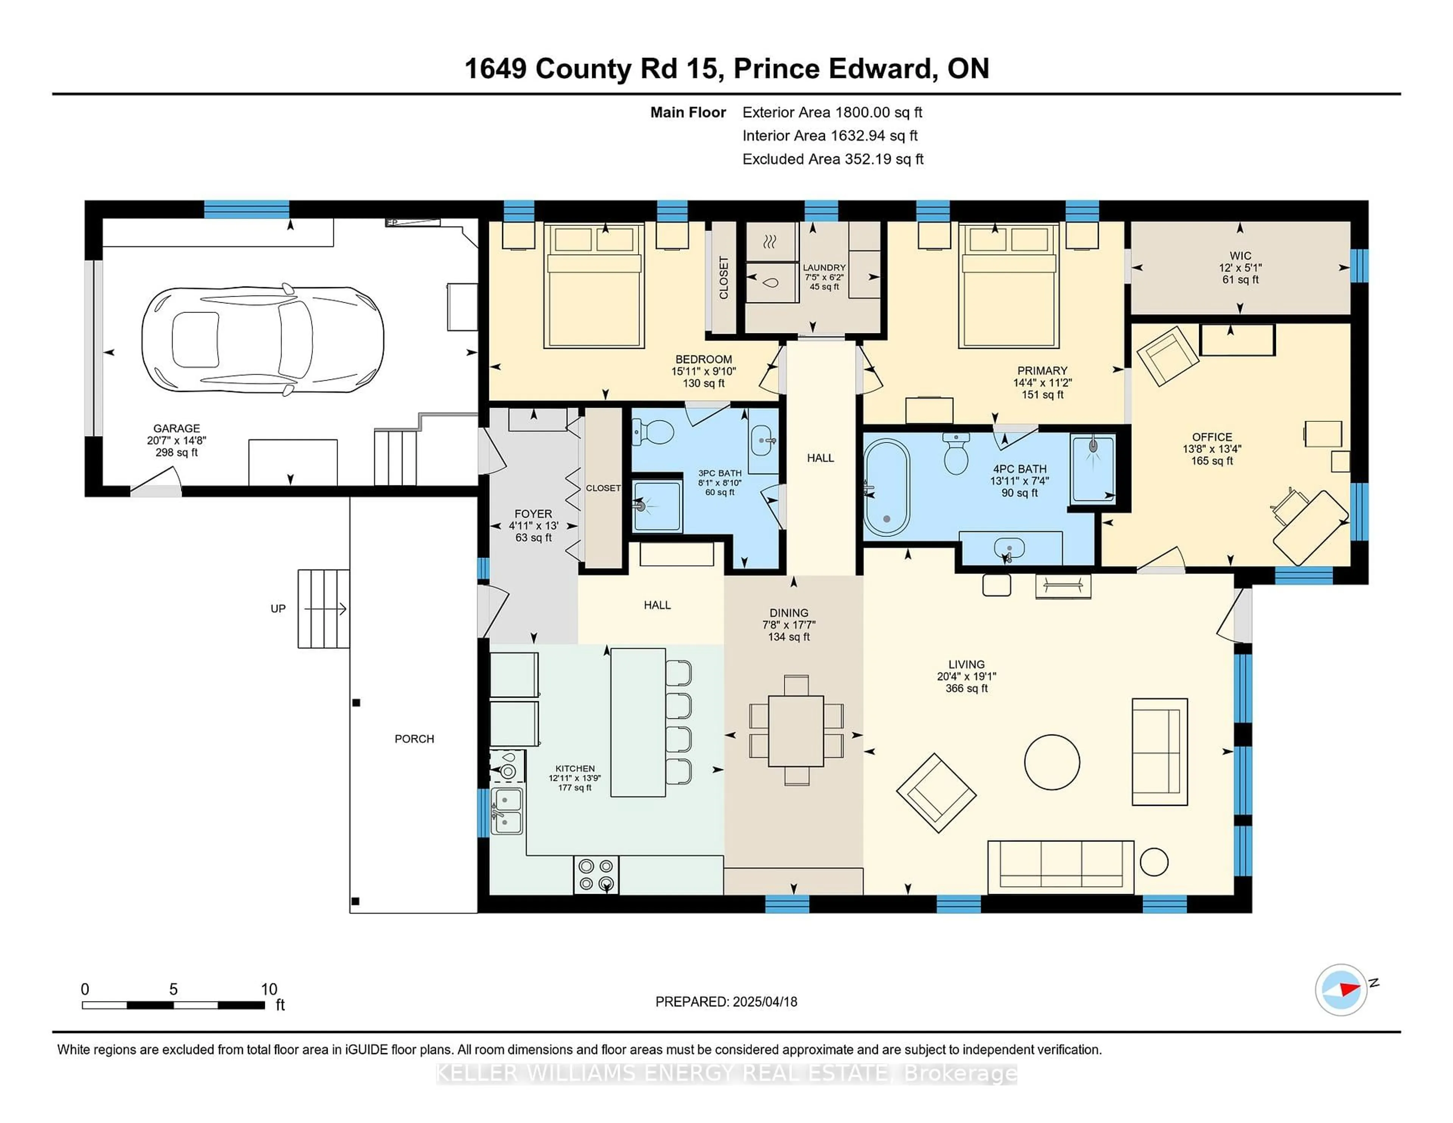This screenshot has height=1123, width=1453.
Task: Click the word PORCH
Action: pos(414,739)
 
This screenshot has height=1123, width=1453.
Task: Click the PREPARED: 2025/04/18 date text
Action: pos(726,1001)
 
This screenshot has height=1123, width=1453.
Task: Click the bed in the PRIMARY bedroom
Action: pos(1008,286)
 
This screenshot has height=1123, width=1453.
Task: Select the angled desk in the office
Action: pos(1309,527)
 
